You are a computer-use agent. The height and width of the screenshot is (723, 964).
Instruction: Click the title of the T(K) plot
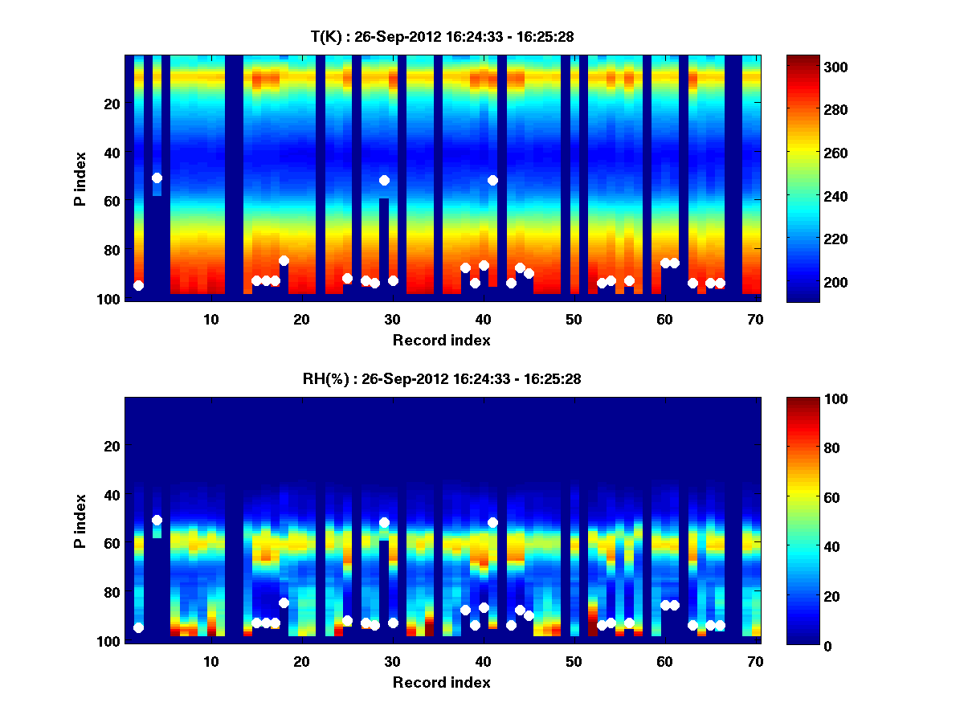click(x=442, y=36)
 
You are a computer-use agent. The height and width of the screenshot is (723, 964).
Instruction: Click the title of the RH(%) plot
click(x=442, y=378)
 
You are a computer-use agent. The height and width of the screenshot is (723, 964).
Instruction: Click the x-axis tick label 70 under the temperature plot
click(x=755, y=319)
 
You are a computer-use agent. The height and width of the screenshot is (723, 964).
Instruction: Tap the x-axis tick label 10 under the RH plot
click(x=210, y=661)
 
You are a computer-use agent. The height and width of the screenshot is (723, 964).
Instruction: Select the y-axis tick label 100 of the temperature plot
click(x=110, y=299)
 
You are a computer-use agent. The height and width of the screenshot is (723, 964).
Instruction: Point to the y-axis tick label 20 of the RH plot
click(x=113, y=446)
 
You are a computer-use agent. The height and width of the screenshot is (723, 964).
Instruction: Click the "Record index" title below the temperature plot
click(x=442, y=340)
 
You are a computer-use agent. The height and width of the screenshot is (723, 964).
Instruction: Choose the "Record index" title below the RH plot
click(x=442, y=682)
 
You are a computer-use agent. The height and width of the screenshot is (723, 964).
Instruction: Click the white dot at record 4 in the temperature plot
click(x=157, y=178)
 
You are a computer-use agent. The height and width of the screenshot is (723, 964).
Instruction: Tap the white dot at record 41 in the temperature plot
click(x=492, y=180)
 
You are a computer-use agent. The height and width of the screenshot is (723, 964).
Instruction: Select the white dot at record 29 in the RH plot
click(x=384, y=522)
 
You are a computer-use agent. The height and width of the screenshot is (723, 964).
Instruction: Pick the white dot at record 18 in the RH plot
click(x=284, y=602)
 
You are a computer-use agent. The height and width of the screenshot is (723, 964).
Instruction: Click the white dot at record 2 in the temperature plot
click(x=138, y=285)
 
